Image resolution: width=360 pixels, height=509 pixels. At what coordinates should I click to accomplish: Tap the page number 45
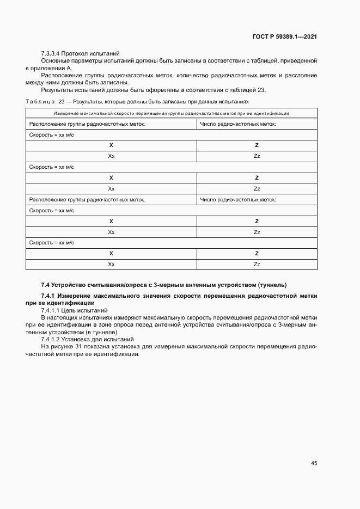pos(314,463)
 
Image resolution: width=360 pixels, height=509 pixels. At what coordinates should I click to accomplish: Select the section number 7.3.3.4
pos(51,53)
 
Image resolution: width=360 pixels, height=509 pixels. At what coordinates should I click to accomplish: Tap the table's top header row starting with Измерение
pos(171,113)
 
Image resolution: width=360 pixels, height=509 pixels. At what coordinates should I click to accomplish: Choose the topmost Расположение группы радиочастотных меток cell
pos(87,124)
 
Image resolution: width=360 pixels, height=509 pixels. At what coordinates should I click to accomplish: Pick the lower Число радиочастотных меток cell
pos(238,200)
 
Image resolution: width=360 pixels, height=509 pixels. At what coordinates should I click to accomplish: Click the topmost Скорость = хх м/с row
pos(51,134)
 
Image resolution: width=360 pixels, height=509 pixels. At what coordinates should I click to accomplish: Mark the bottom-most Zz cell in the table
pos(257,264)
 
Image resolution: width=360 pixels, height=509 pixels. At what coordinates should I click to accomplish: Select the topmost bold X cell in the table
pos(111,145)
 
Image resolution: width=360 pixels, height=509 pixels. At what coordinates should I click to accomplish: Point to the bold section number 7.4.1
pos(50,296)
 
